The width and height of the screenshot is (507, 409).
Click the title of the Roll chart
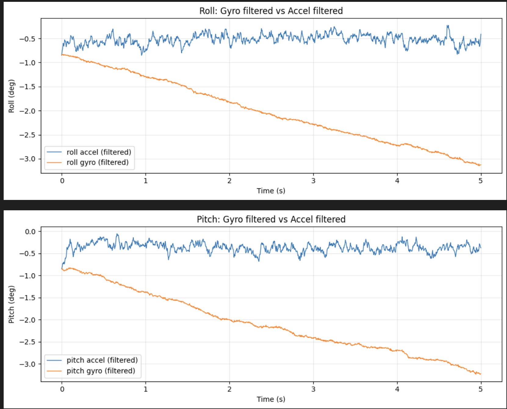(271, 11)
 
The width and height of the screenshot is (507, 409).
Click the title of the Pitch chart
(271, 219)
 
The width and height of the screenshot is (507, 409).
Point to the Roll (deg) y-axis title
(12, 96)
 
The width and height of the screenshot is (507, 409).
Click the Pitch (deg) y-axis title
(12, 304)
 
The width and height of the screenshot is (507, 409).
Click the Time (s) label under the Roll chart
(271, 191)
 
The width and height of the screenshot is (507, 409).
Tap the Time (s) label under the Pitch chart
(271, 399)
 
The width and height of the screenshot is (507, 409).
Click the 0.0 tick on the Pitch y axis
(30, 232)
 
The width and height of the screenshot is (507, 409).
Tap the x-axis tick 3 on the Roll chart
(313, 181)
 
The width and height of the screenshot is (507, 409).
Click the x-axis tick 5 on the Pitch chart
(481, 389)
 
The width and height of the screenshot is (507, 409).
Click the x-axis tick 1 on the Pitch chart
(146, 389)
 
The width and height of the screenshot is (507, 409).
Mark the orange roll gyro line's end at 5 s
(480, 165)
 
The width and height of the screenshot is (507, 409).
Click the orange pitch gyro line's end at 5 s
(480, 374)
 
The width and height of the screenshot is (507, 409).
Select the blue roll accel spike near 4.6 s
(448, 26)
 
